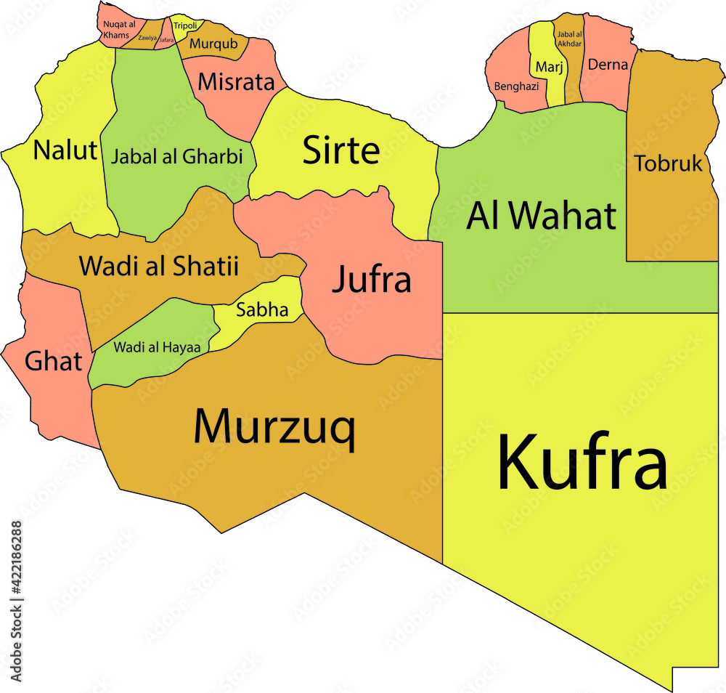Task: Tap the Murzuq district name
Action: coord(274,427)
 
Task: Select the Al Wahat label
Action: coord(542,215)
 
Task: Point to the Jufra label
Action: coord(372,280)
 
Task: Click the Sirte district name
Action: coord(340,150)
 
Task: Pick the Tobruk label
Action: coord(669,163)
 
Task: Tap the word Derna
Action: coord(608,65)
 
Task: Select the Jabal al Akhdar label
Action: coord(568,38)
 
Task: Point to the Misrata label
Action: coord(237,81)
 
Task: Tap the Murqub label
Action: coord(213,44)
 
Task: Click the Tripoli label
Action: coord(185,26)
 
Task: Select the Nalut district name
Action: coord(65,150)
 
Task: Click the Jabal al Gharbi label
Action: coord(176,156)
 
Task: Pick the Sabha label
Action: coord(262,311)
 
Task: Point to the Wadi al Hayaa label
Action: coord(157,346)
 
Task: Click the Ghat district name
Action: coord(53,360)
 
